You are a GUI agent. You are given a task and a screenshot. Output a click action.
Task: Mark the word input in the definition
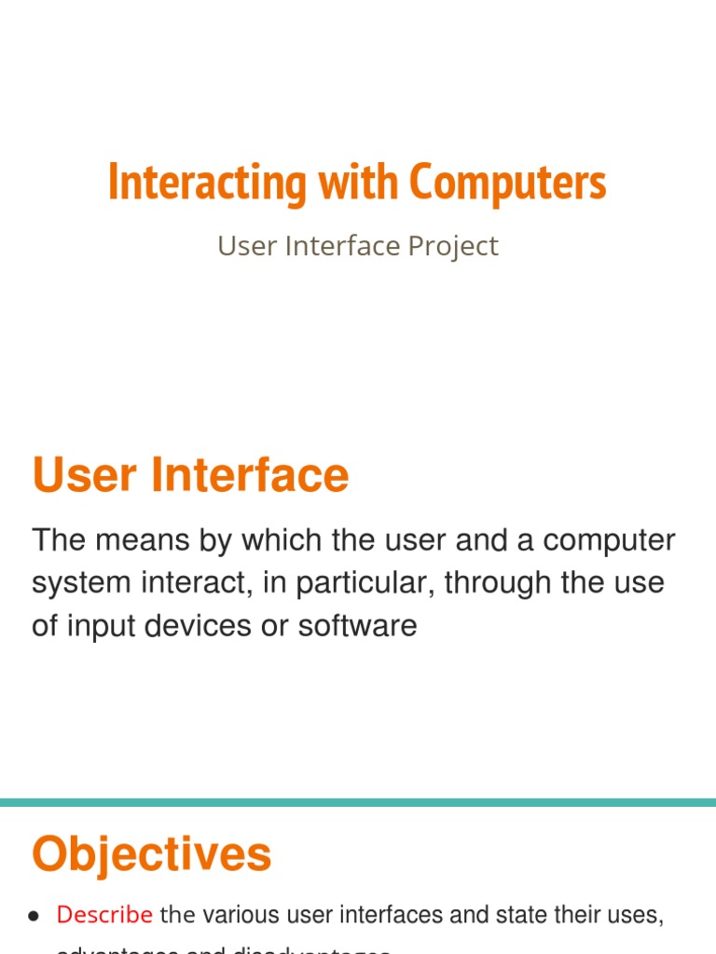coord(98,626)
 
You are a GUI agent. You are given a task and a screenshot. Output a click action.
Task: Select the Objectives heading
coord(151,854)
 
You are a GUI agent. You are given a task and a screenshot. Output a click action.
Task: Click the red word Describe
coord(104,915)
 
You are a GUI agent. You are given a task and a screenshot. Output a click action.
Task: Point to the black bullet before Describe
coord(34,917)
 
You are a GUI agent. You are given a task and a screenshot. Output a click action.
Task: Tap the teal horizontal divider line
coord(358,802)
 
